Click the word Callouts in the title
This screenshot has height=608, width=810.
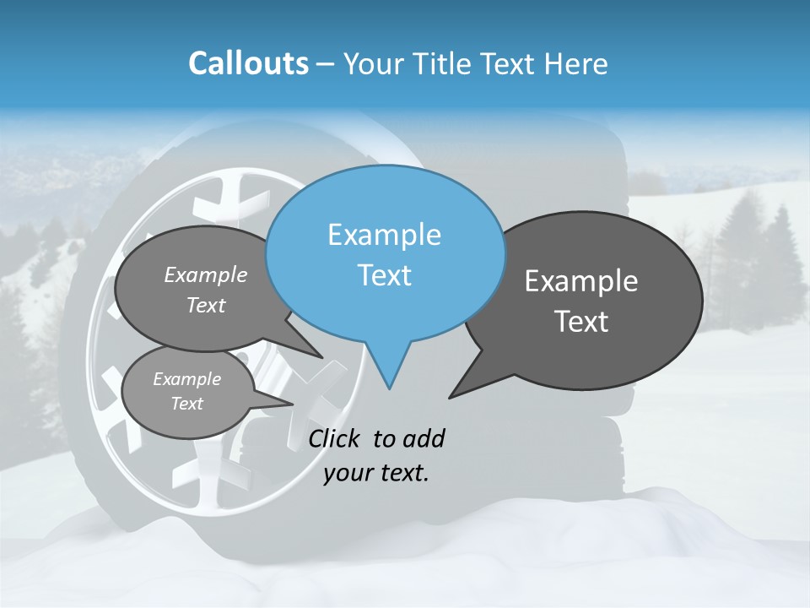click(x=248, y=63)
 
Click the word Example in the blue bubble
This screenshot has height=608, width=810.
click(x=384, y=235)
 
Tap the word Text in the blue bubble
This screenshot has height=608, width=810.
click(x=384, y=275)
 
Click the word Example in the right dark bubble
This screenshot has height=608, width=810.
click(x=581, y=281)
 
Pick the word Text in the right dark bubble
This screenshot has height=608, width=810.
click(x=581, y=322)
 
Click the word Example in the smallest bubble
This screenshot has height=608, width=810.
click(x=186, y=379)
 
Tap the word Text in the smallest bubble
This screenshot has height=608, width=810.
click(x=186, y=404)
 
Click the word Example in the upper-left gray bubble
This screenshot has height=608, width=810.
click(x=206, y=274)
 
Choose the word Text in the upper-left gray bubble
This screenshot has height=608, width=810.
click(x=206, y=305)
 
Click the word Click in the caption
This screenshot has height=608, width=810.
click(x=336, y=438)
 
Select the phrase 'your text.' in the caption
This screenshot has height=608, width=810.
click(x=376, y=473)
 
